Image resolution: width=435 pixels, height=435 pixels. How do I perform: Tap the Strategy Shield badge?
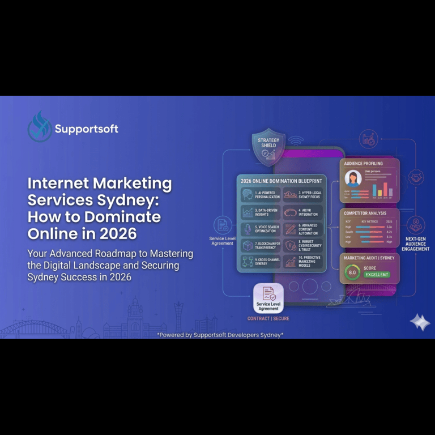(x=268, y=147)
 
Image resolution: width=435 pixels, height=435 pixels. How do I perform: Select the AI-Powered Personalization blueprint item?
(x=261, y=195)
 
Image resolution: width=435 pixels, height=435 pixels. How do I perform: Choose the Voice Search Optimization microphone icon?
(x=248, y=229)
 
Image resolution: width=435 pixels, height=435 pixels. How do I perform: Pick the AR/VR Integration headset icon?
(x=290, y=212)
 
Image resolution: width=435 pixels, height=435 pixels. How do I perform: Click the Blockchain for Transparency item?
(x=261, y=245)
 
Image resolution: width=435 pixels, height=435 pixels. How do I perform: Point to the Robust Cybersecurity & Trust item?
(x=302, y=245)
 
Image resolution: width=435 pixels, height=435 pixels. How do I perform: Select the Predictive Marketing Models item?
(x=302, y=262)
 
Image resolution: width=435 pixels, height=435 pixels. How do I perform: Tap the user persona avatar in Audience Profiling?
(x=353, y=180)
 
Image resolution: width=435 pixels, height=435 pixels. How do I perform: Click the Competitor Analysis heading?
(x=365, y=214)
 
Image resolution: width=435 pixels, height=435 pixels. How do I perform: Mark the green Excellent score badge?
(x=377, y=274)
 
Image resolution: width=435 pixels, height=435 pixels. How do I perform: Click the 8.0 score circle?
(x=352, y=272)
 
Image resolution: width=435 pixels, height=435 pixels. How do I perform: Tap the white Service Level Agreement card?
(x=268, y=298)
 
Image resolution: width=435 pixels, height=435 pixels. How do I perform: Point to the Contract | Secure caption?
(x=268, y=318)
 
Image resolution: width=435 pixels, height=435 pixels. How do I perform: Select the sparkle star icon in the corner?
(x=420, y=322)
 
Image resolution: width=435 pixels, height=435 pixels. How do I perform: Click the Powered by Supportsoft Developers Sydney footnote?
(x=220, y=335)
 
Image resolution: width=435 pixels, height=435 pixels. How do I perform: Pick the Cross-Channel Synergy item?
(x=261, y=262)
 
